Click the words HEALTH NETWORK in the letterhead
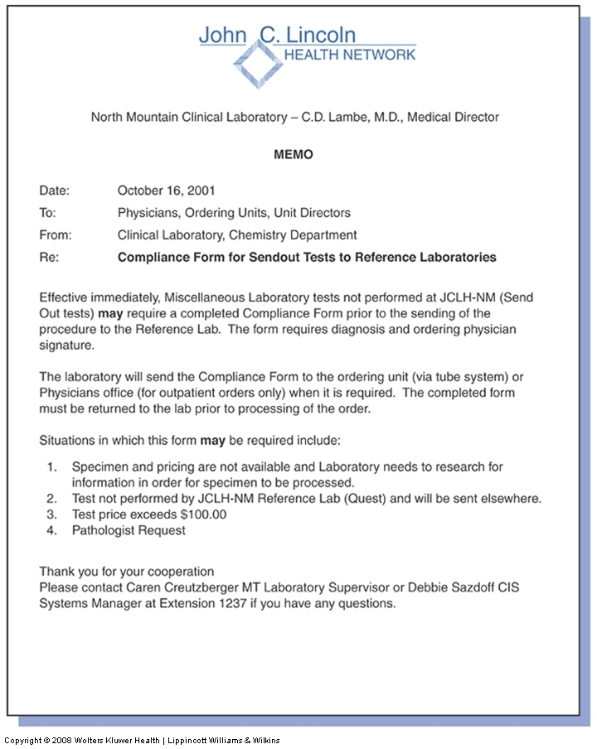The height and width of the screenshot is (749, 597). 350,55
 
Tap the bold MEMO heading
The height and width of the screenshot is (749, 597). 294,154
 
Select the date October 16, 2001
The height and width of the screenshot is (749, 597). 167,191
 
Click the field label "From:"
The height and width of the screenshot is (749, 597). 56,235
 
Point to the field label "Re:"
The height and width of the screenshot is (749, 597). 48,258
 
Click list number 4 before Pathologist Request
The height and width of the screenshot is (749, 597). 51,530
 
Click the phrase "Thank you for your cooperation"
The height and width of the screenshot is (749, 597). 127,572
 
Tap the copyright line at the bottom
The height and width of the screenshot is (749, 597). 142,740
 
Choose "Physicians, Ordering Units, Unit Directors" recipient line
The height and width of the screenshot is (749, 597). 234,213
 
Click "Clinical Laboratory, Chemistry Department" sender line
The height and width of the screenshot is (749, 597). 237,235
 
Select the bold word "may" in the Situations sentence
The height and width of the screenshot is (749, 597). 211,440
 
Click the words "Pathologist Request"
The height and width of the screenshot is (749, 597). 129,530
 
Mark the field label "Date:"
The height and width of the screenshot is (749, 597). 55,191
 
